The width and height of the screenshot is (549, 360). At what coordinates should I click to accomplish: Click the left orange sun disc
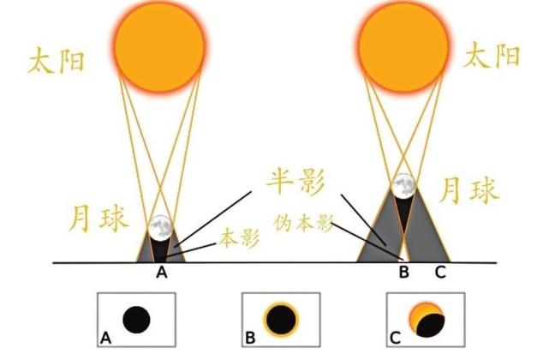(x=159, y=47)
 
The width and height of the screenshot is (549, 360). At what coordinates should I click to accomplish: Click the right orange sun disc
(x=403, y=47)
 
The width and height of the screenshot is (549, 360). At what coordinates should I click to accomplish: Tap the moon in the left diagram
(x=161, y=228)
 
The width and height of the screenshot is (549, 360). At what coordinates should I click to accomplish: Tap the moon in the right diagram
(x=403, y=186)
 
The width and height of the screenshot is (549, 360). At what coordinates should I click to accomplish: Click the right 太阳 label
(x=492, y=55)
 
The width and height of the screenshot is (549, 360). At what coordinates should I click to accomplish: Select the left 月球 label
(x=98, y=219)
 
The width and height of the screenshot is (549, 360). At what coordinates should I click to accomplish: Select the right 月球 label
(x=468, y=190)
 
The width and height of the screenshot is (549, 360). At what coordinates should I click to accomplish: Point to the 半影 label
(x=295, y=182)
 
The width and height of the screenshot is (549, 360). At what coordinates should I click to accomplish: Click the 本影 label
(x=240, y=238)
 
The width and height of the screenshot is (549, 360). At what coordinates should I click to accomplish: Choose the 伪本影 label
(x=303, y=223)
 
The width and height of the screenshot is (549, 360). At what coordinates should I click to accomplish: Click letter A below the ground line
(x=161, y=272)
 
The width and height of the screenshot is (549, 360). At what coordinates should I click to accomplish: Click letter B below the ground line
(x=404, y=272)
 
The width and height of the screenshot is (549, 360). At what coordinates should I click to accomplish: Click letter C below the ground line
(x=440, y=272)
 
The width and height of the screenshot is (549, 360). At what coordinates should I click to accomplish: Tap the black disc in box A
(x=136, y=320)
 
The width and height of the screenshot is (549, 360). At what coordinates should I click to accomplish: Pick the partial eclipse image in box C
(x=427, y=320)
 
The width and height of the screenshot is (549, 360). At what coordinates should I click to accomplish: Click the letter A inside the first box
(x=105, y=339)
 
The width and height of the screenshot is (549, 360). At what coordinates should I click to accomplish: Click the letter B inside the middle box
(x=250, y=339)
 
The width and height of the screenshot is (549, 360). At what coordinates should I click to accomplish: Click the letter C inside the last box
(x=395, y=339)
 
